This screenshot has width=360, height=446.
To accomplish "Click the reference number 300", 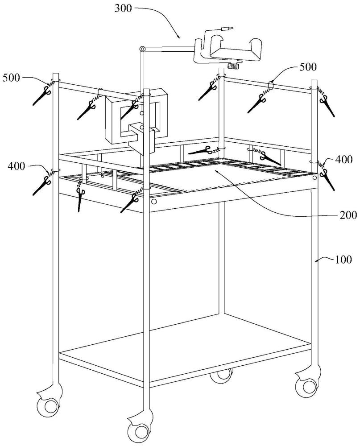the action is click(x=123, y=8).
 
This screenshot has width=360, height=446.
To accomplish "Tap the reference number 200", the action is click(x=348, y=215).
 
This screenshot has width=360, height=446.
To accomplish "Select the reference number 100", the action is click(x=343, y=260).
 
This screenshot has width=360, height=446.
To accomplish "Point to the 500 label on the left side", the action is click(x=12, y=78).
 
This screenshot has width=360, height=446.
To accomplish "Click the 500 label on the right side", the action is click(x=308, y=67).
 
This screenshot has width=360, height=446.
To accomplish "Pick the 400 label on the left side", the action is click(x=17, y=166).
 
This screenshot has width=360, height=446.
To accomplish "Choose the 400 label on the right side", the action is click(x=344, y=160).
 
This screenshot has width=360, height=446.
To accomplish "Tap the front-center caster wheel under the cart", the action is click(x=140, y=431).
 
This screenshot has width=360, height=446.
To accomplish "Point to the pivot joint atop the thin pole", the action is click(x=142, y=49).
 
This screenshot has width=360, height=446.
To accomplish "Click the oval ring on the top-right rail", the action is click(x=271, y=85).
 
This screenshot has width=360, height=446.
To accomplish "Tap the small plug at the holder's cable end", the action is click(x=226, y=29).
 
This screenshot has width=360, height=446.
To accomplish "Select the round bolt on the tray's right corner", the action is click(x=314, y=178).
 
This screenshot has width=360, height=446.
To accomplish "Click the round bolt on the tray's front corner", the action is click(x=154, y=202).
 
